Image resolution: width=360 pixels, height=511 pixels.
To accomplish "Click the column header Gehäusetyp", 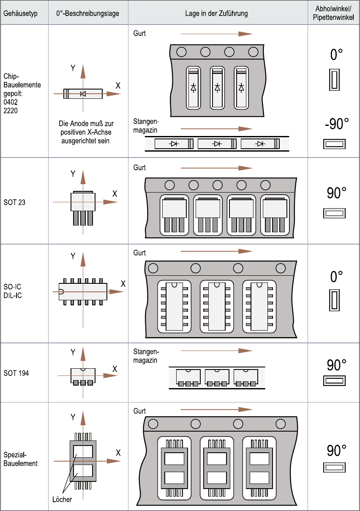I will [x=21, y=13].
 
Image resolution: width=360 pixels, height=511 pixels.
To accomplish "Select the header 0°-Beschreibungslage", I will [x=87, y=13].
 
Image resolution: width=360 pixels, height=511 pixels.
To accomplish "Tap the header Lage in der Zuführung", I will [x=216, y=13].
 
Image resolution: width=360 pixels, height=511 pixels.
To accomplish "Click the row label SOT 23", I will [x=14, y=202].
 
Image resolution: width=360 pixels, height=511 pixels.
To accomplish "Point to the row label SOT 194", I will [x=16, y=373].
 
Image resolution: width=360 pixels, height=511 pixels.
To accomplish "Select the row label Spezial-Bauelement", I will [x=20, y=459].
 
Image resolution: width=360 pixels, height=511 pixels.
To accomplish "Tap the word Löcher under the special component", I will [x=62, y=500].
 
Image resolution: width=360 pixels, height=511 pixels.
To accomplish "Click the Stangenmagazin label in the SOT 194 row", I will [x=146, y=356].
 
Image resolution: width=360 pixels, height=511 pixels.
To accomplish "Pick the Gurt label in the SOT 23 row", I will [x=139, y=168].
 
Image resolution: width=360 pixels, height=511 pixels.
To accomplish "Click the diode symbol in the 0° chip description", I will [x=83, y=94].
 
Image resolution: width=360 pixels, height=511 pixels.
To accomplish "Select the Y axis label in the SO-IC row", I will [x=73, y=256].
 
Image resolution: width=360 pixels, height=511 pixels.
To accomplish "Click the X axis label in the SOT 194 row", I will [x=115, y=369].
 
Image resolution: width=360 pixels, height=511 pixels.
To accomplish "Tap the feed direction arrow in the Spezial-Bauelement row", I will [x=216, y=409].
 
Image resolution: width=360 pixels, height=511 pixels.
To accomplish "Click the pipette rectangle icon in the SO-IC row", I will [x=334, y=300].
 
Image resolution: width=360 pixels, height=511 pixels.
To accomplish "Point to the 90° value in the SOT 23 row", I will [x=336, y=193].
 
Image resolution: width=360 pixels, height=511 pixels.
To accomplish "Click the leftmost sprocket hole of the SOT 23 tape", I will [x=169, y=185].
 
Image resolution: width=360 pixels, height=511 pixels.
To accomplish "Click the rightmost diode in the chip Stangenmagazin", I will [x=260, y=144].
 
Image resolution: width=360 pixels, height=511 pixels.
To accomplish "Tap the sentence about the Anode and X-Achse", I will [x=86, y=132].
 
